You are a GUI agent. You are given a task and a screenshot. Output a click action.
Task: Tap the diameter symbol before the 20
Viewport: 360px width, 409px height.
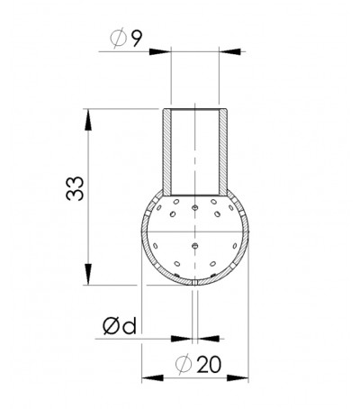(185, 365)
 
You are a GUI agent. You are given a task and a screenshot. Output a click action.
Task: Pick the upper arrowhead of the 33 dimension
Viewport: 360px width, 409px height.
(88, 115)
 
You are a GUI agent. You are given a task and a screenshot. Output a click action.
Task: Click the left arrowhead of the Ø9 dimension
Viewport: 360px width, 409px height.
(166, 52)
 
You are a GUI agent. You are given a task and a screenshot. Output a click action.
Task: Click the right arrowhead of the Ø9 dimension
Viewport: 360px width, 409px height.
(229, 52)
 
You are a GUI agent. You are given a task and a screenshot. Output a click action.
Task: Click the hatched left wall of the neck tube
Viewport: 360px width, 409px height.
(167, 153)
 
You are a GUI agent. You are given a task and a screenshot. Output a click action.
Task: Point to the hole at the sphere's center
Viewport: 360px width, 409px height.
(195, 242)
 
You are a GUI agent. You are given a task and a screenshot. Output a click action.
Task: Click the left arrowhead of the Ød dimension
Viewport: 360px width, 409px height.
(189, 340)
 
